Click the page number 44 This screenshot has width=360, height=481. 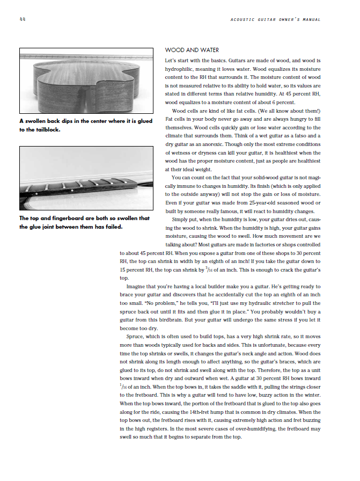pos(21,20)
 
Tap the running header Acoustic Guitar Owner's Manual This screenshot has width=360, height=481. pos(275,20)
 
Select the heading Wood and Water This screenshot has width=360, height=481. pos(188,50)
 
